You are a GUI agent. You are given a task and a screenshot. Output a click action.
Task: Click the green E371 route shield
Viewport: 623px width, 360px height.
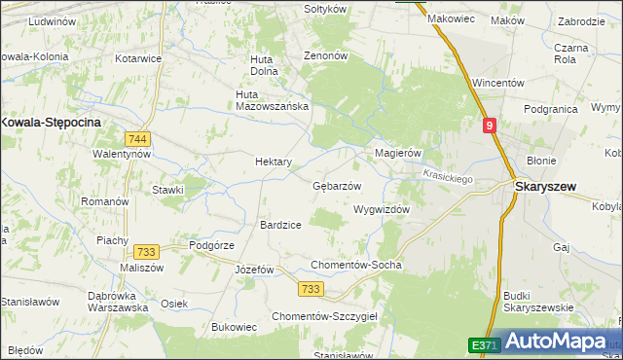(484, 345)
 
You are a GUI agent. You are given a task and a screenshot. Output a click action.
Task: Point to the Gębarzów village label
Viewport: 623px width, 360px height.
(337, 186)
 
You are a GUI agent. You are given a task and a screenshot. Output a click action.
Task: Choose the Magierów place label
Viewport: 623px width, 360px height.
(397, 153)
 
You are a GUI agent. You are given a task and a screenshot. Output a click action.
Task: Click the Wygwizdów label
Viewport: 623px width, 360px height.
(382, 209)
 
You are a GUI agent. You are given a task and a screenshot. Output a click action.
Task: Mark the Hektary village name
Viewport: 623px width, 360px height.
(274, 162)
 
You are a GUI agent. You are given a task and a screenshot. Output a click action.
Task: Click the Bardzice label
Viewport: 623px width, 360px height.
(280, 225)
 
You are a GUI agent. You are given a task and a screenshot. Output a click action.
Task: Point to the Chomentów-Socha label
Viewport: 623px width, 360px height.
(355, 265)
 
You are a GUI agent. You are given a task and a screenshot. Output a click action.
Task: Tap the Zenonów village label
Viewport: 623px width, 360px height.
(326, 56)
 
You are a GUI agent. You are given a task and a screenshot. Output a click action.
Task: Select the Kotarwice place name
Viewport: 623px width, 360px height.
(138, 58)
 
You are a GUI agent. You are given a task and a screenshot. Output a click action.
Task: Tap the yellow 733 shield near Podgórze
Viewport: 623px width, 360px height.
(147, 251)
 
